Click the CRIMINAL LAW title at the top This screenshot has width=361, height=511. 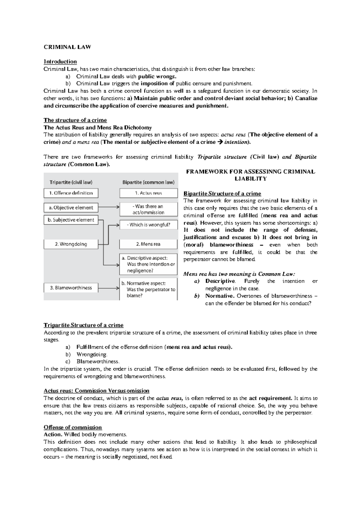(x=67, y=47)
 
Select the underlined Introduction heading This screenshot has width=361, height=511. (x=60, y=62)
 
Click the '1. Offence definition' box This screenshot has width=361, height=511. (x=71, y=193)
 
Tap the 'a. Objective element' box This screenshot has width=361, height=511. (x=71, y=207)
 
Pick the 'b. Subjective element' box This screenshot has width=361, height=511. (x=71, y=220)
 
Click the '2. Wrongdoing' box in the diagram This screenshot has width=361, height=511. (x=71, y=244)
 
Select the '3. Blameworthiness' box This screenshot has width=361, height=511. (x=71, y=288)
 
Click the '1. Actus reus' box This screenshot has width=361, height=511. (x=148, y=193)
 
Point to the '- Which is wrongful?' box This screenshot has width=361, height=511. (x=148, y=225)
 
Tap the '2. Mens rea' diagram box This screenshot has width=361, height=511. (x=148, y=244)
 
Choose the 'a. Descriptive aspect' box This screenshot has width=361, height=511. (x=148, y=264)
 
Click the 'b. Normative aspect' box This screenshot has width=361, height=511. (x=148, y=289)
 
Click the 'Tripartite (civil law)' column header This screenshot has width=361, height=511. (x=71, y=182)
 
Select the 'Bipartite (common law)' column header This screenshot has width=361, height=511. (x=148, y=182)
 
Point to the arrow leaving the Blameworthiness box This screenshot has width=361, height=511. (x=109, y=288)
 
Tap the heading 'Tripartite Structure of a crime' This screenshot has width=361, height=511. (x=84, y=325)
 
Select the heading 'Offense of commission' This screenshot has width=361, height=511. (x=73, y=428)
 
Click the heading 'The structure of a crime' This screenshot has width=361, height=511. (x=75, y=120)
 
